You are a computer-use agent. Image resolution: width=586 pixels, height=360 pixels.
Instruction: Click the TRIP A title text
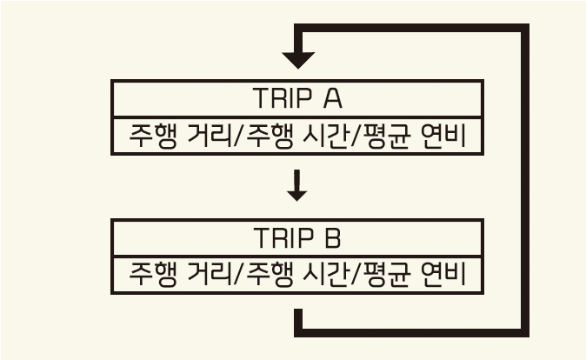(x=297, y=97)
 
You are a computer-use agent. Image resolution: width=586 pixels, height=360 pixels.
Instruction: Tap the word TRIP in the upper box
(x=281, y=97)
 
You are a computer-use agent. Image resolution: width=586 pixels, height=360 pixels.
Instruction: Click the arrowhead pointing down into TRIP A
(x=298, y=61)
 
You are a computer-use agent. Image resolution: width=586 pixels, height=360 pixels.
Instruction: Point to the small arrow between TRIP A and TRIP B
(x=297, y=187)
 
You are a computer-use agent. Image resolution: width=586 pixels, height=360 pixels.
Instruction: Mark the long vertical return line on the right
(x=524, y=183)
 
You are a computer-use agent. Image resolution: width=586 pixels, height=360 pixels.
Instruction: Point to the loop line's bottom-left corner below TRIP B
(x=298, y=331)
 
